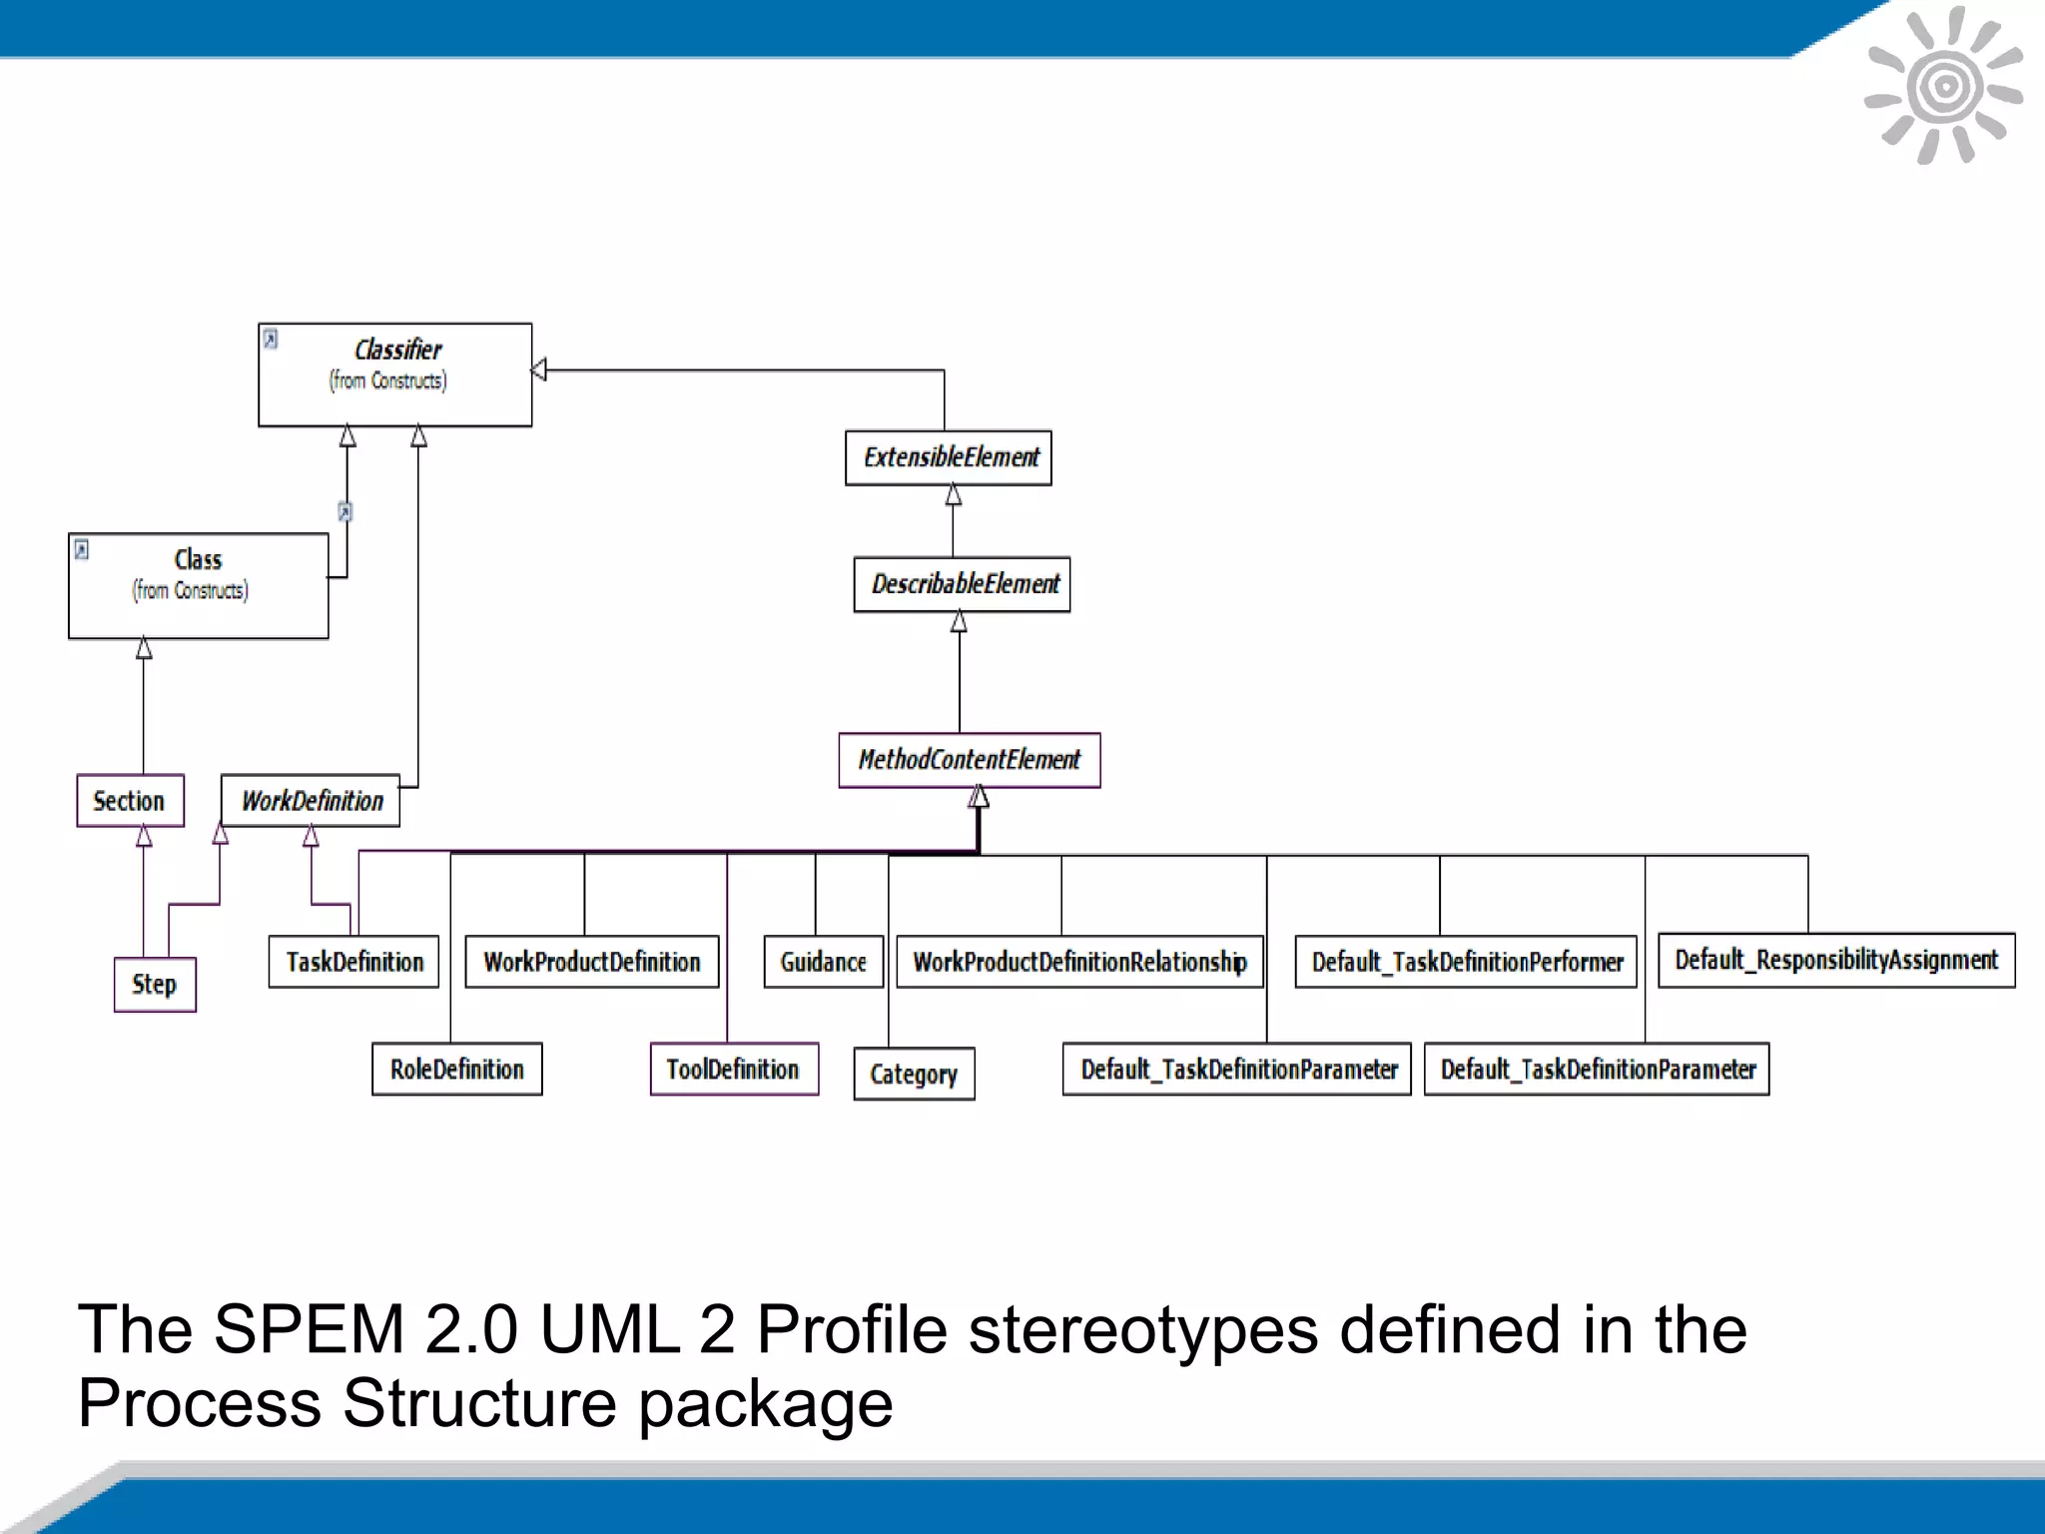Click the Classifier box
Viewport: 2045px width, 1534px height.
coord(394,375)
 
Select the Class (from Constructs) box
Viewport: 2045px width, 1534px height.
coord(198,585)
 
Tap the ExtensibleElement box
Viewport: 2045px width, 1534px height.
coord(948,457)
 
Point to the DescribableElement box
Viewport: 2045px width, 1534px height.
coord(962,584)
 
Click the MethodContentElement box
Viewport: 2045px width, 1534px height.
coord(969,760)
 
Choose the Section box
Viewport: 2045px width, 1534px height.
coord(130,800)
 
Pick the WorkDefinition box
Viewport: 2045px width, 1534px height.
coord(310,800)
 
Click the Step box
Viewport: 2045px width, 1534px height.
coord(155,984)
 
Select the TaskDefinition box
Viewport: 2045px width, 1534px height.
coord(353,961)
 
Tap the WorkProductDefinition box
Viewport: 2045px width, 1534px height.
coord(591,961)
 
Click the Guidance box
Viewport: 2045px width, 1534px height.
coord(823,961)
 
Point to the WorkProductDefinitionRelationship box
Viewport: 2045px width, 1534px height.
coord(1079,961)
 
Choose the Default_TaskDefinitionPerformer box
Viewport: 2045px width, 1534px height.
coord(1465,961)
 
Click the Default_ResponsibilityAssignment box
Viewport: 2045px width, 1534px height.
coord(1835,959)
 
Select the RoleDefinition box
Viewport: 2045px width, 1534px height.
coord(456,1069)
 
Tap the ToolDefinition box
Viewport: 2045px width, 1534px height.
coord(734,1069)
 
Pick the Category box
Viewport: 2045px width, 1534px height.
coord(914,1074)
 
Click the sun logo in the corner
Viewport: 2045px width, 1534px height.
coord(1943,86)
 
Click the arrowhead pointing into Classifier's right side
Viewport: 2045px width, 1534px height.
coord(539,370)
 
